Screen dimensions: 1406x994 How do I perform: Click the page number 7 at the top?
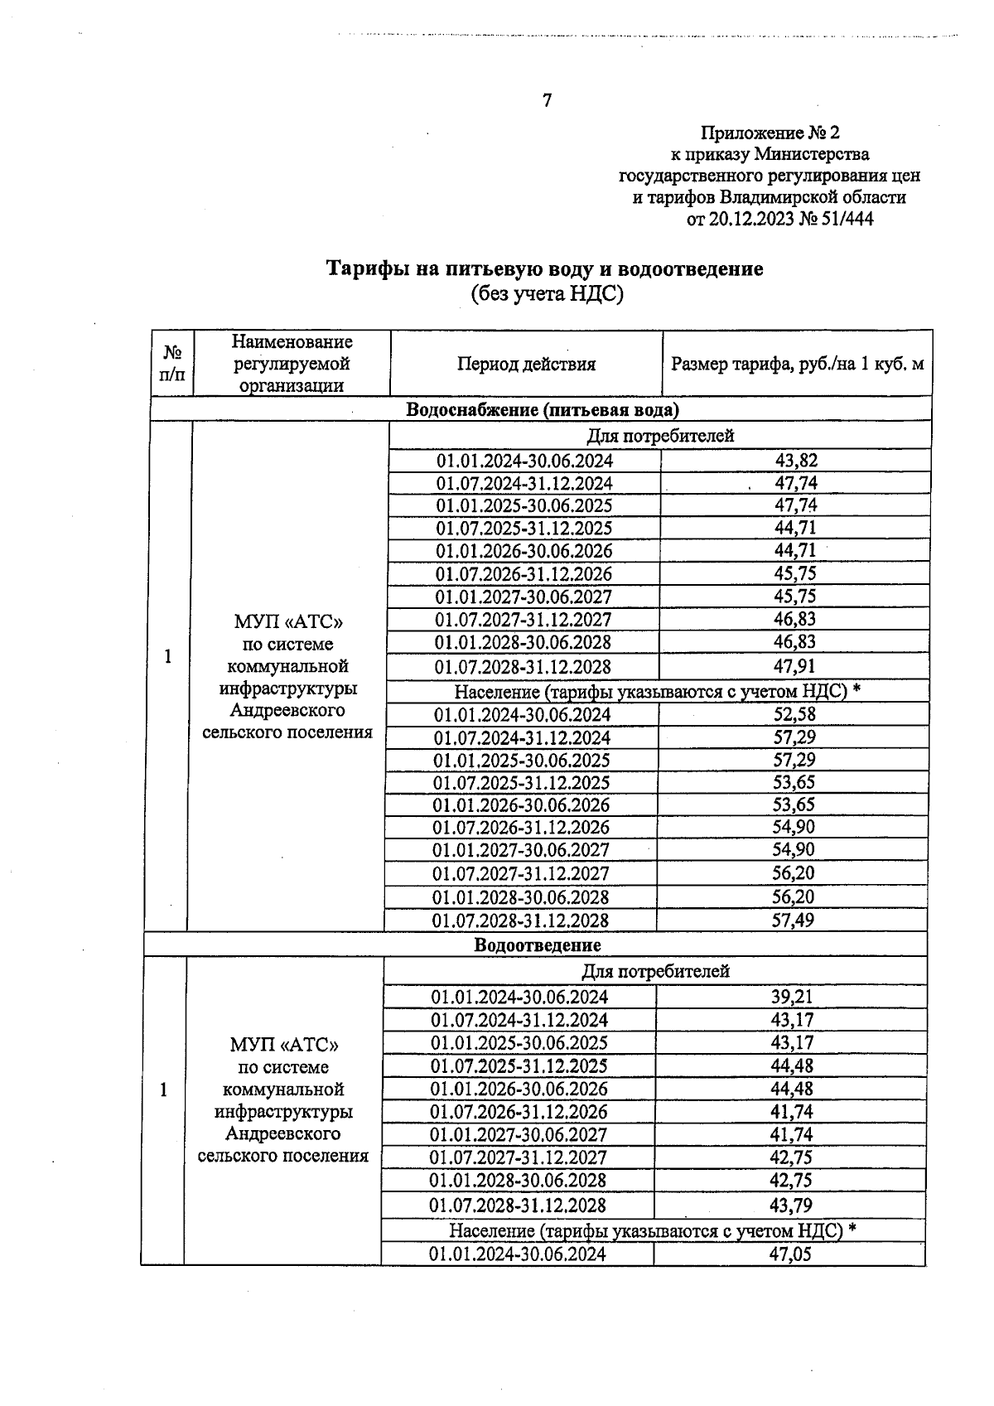tap(547, 101)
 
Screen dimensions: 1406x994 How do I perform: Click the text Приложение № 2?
tap(770, 133)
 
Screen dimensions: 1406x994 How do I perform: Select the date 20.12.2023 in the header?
tap(749, 220)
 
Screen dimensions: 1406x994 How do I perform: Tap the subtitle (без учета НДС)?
tap(546, 293)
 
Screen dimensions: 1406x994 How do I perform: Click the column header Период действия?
tap(526, 364)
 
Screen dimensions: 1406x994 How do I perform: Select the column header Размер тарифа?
tap(797, 364)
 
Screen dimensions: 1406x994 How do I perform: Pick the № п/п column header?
tap(172, 363)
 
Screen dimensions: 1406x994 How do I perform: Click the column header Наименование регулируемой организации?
tap(292, 363)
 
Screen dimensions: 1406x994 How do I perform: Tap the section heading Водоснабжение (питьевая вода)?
tap(542, 409)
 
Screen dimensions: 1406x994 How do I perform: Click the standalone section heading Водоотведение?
tap(538, 945)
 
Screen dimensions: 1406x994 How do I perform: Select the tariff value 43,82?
tap(796, 461)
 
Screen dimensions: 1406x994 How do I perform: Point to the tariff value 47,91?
tap(795, 666)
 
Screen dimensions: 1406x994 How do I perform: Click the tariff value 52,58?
tap(794, 714)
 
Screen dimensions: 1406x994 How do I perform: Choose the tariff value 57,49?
tap(793, 920)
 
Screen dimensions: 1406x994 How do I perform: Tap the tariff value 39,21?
tap(792, 997)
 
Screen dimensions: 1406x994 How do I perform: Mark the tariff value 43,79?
tap(791, 1205)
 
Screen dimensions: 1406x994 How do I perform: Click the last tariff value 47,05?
tap(790, 1254)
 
